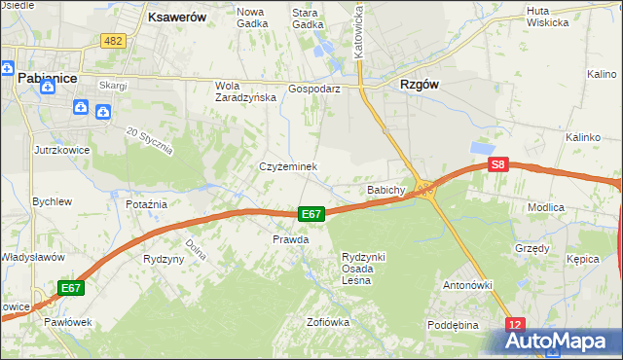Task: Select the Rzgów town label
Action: point(419,85)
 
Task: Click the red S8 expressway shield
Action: point(498,165)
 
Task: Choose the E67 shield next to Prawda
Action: point(311,214)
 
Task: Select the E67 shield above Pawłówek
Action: point(70,288)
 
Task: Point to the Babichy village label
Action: point(385,189)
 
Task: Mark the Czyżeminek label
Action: point(288,166)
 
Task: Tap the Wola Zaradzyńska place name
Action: point(240,90)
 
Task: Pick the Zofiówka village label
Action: point(327,322)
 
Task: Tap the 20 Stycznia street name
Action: point(150,141)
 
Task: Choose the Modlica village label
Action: point(573,208)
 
